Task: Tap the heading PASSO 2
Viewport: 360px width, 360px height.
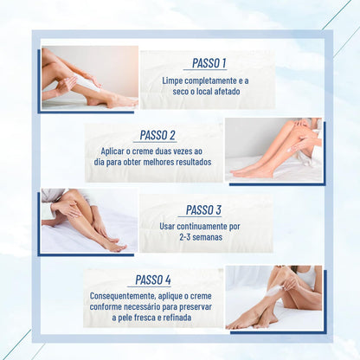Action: click(x=157, y=136)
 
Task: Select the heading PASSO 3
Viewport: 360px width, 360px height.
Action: click(x=203, y=209)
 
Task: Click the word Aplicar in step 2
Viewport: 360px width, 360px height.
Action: click(x=117, y=151)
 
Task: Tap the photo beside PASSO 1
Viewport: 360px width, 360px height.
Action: click(x=88, y=77)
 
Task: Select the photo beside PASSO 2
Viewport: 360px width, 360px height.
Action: click(x=273, y=150)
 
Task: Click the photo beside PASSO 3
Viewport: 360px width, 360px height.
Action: click(x=88, y=221)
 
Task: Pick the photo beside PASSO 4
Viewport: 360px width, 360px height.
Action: click(x=273, y=296)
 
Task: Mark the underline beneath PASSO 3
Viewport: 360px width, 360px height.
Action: click(x=203, y=216)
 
